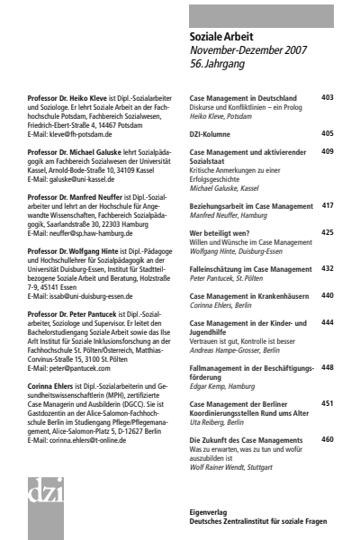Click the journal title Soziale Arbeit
220,37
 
